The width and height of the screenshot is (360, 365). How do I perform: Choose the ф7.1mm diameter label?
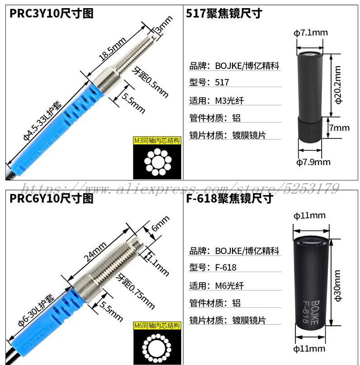[x=311, y=32]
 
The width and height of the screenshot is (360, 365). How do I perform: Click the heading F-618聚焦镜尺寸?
[x=229, y=198]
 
